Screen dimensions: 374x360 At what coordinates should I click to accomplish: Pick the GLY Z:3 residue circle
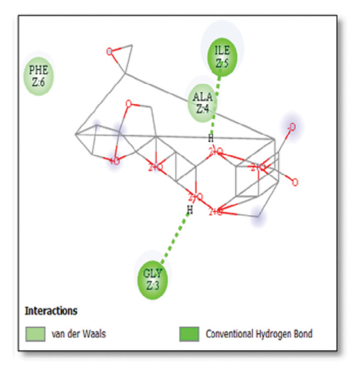[x=152, y=279]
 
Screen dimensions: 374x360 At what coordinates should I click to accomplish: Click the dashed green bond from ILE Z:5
[x=215, y=102]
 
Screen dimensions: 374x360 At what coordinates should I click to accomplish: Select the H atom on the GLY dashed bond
[x=190, y=210]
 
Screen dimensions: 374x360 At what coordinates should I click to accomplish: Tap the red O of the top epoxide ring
[x=109, y=52]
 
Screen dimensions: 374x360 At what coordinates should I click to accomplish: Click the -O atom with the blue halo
[x=291, y=127]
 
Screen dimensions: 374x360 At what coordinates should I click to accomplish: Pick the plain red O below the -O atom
[x=295, y=182]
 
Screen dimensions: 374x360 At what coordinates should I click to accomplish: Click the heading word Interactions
[x=51, y=311]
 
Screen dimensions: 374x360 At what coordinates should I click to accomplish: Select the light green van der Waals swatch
[x=35, y=334]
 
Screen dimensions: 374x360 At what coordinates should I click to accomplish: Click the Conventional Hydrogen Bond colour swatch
[x=189, y=334]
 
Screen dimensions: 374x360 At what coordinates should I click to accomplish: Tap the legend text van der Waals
[x=79, y=334]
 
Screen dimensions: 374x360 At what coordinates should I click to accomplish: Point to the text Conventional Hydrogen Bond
[x=259, y=334]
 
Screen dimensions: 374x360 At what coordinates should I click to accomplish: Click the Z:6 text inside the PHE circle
[x=38, y=83]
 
